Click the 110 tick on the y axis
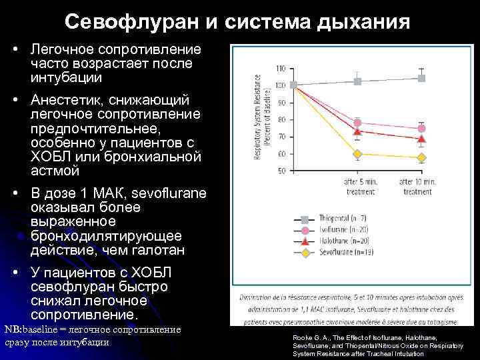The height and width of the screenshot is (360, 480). [x=281, y=69]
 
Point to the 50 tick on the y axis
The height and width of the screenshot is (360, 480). [x=281, y=171]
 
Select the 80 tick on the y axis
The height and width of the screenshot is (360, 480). [x=281, y=120]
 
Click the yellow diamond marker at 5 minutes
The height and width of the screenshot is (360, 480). [x=357, y=154]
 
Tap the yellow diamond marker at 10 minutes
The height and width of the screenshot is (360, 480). [x=421, y=158]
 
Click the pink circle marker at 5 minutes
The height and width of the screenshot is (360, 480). [x=357, y=123]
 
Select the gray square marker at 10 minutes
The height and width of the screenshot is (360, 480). [x=421, y=78]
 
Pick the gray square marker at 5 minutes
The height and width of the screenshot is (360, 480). [x=357, y=81]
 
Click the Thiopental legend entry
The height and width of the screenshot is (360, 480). [x=333, y=219]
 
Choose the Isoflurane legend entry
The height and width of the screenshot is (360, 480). [x=333, y=230]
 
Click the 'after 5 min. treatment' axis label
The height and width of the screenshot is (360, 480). [x=360, y=187]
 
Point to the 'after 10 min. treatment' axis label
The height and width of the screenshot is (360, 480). [x=417, y=187]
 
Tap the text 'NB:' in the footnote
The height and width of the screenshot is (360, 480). [x=13, y=330]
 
